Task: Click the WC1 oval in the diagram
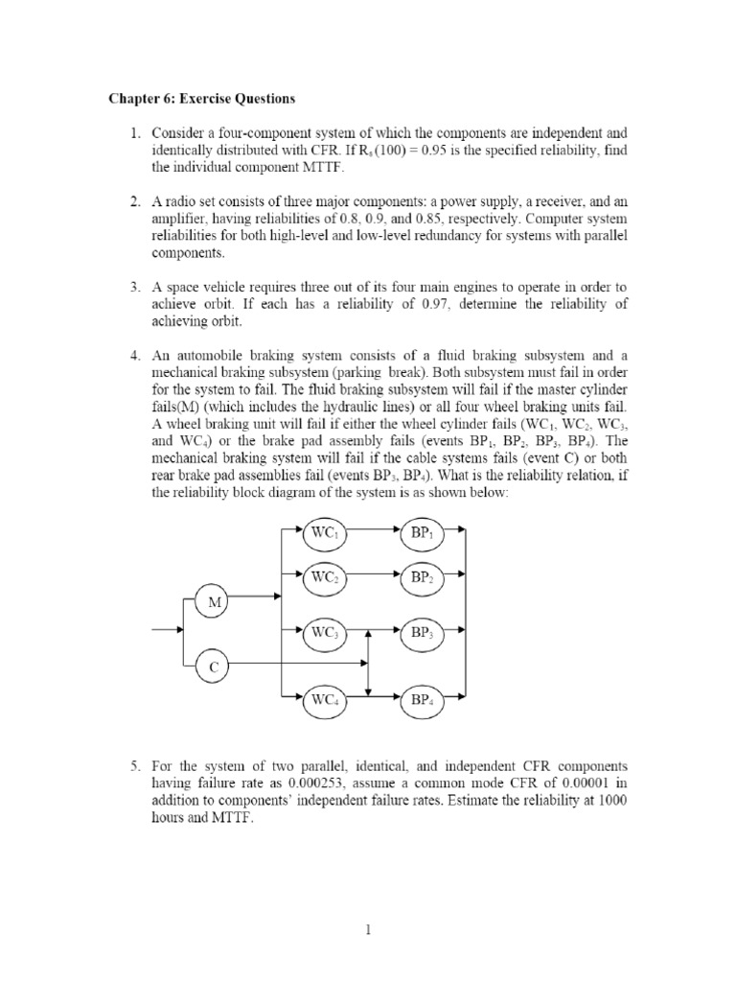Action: tap(321, 530)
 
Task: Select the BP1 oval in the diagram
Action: tap(423, 530)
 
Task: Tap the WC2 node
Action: tap(321, 577)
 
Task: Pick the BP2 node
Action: tap(423, 577)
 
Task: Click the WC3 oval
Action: tap(321, 633)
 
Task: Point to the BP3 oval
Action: tap(423, 633)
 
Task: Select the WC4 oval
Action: tap(321, 700)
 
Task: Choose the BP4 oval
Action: tap(423, 700)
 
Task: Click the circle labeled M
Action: tap(213, 602)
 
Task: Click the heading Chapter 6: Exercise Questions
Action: tap(201, 99)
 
